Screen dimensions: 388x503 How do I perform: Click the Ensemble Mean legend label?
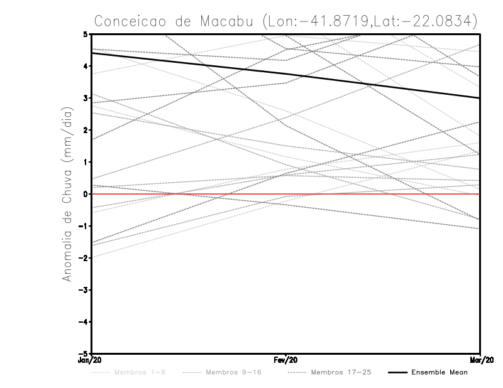439,373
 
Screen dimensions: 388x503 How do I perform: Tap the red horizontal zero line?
377,194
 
